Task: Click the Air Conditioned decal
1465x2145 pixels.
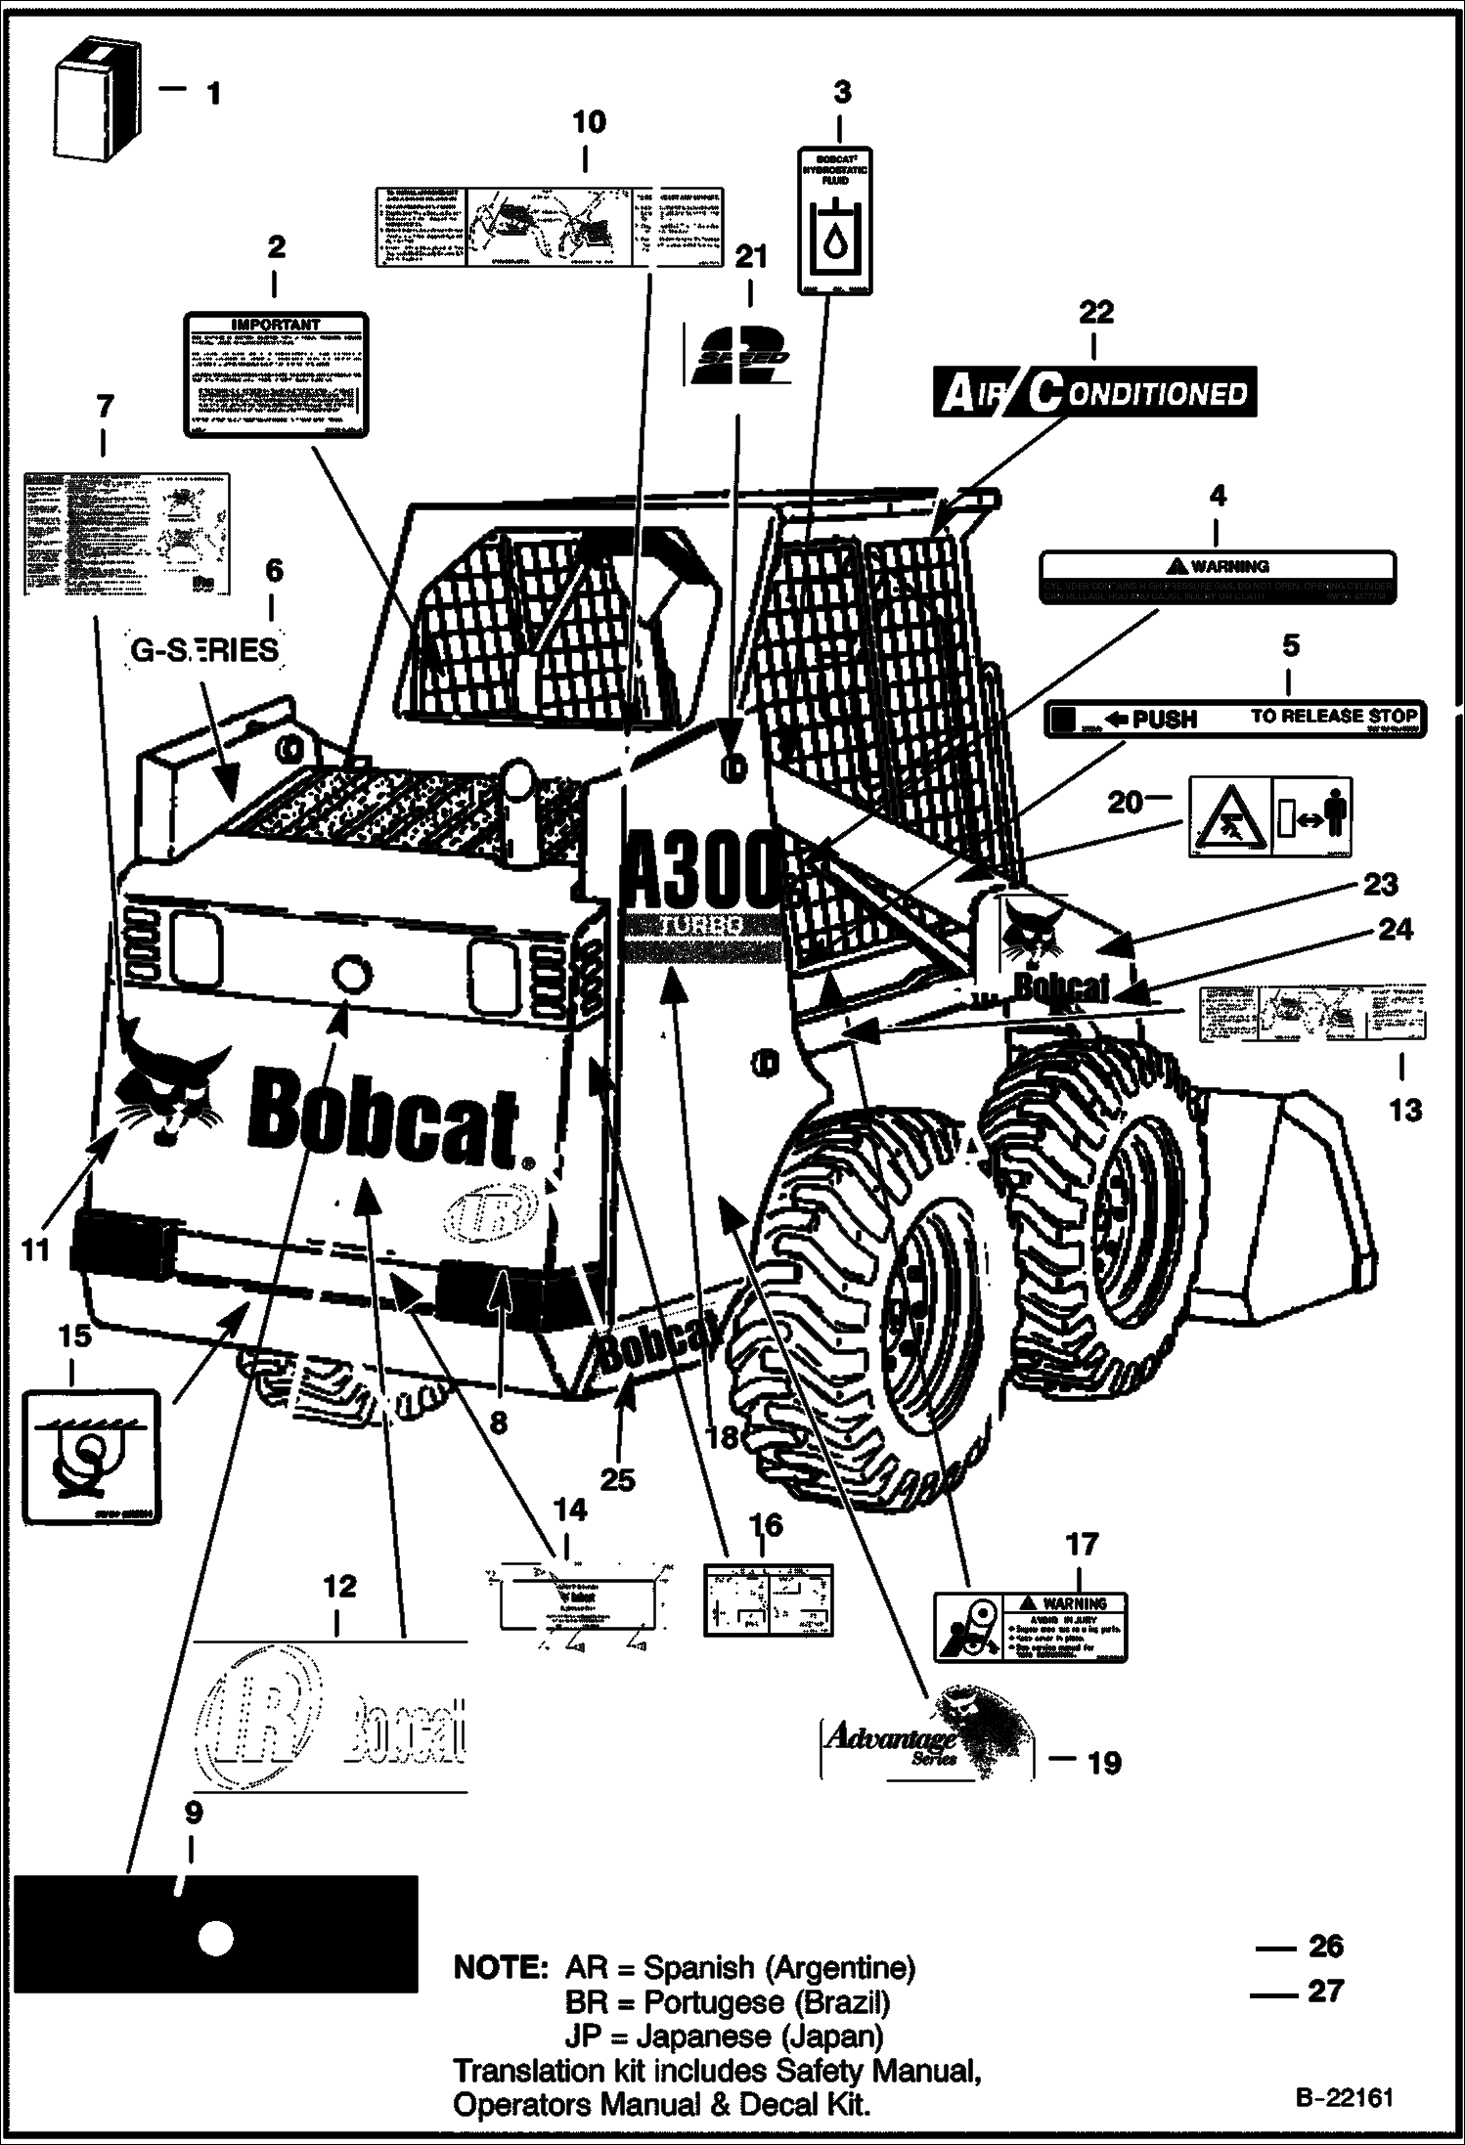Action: pyautogui.click(x=1094, y=393)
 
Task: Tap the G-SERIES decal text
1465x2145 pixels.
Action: pyautogui.click(x=205, y=650)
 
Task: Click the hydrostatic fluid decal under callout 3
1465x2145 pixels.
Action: pyautogui.click(x=836, y=221)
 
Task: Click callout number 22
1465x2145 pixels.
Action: pyautogui.click(x=1095, y=312)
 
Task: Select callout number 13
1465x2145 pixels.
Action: pyautogui.click(x=1405, y=1110)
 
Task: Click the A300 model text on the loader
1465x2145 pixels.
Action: pyautogui.click(x=702, y=873)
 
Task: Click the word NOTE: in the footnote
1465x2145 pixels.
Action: pyautogui.click(x=499, y=1967)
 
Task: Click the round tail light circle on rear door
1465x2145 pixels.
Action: pyautogui.click(x=350, y=974)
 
